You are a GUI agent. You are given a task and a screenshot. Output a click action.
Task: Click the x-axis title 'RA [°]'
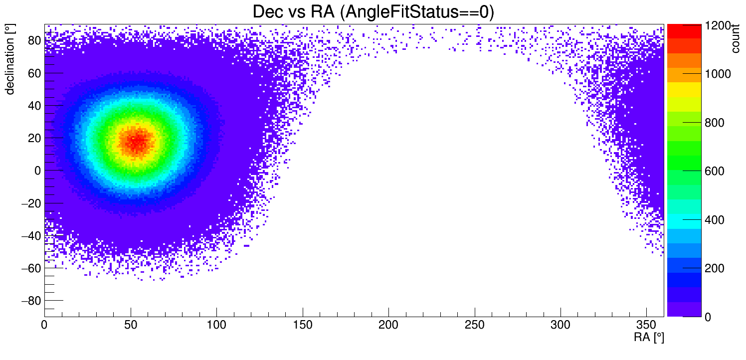pyautogui.click(x=649, y=338)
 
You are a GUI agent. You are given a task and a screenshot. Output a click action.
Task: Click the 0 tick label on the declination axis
pyautogui.click(x=38, y=171)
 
